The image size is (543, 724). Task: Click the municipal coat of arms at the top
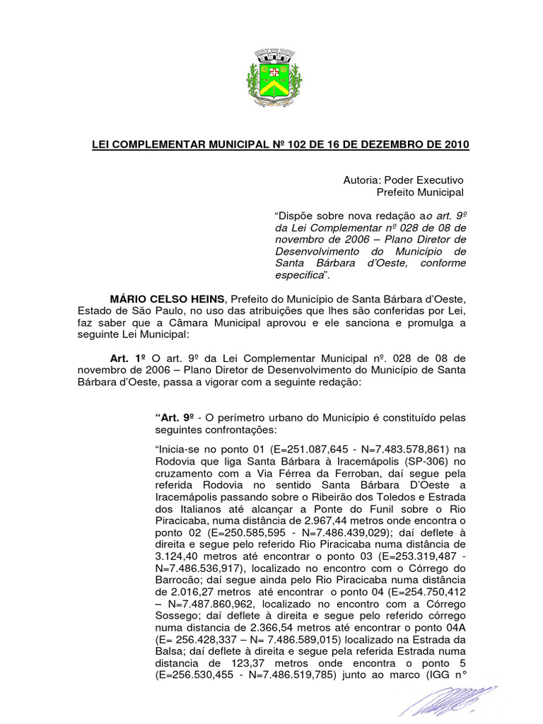point(273,76)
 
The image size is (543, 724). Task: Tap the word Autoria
point(363,180)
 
